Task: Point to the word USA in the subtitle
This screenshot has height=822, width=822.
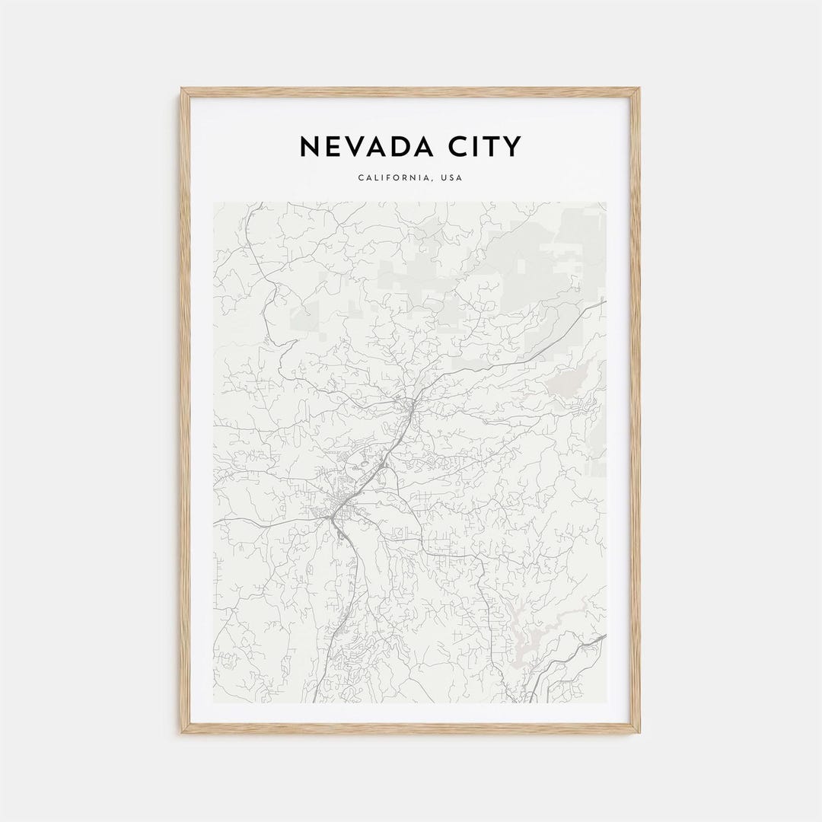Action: [452, 178]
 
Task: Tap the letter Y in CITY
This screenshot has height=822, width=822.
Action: [513, 146]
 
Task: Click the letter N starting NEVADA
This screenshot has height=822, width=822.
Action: [310, 146]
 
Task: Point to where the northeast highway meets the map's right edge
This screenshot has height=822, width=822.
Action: [605, 301]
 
